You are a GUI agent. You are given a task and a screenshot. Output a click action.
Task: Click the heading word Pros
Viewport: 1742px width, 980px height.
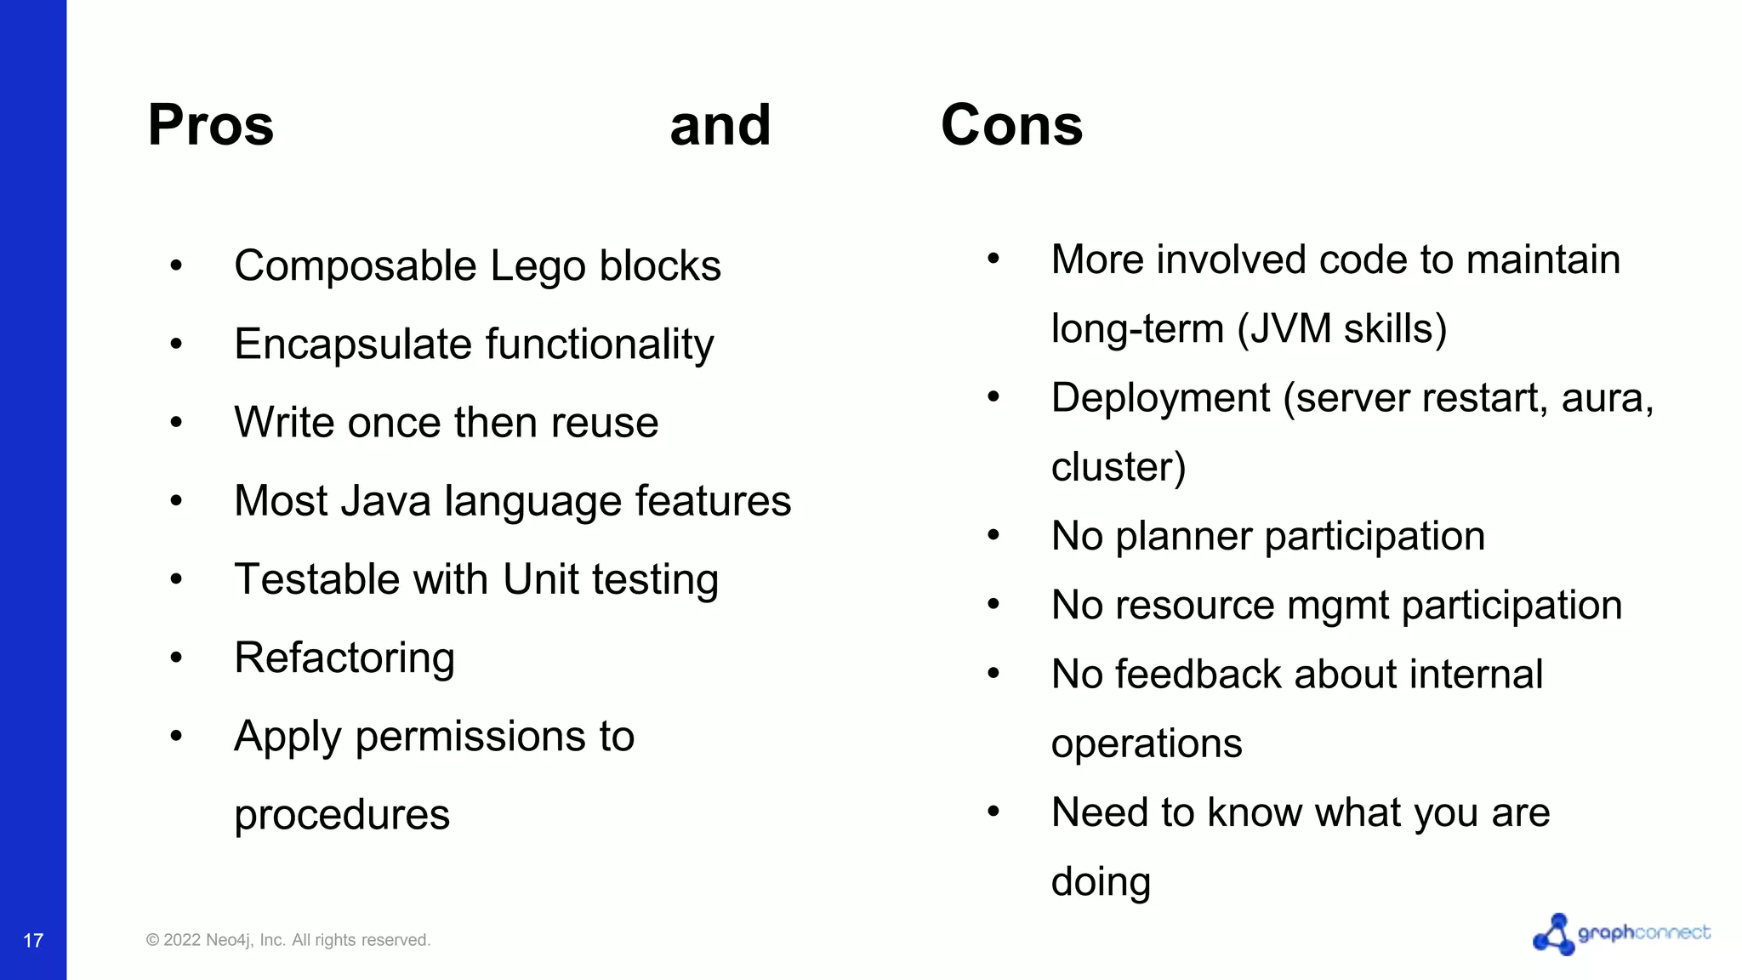211,125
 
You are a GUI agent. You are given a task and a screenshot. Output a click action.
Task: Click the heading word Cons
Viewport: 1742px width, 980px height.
1011,125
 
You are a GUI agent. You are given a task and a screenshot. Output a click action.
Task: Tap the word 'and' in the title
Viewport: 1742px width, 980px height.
720,125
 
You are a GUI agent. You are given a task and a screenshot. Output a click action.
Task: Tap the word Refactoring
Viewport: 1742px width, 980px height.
344,658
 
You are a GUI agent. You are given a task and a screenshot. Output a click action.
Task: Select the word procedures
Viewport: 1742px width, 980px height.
342,815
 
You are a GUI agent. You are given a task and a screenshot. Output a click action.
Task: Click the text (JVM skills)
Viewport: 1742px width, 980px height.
1341,329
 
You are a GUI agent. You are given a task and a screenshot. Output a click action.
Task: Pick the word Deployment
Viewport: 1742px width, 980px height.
1160,398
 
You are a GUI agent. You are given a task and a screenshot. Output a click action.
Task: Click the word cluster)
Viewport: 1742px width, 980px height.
1118,467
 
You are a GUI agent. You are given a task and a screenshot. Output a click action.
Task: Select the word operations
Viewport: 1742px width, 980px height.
1147,744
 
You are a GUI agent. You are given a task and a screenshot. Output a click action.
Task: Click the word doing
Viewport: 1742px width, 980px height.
1101,882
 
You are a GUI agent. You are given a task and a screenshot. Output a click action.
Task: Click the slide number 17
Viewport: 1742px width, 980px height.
33,940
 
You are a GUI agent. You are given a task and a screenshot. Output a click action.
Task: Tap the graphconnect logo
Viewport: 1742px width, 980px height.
1620,934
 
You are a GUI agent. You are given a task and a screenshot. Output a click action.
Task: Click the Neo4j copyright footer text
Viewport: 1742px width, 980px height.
288,940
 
